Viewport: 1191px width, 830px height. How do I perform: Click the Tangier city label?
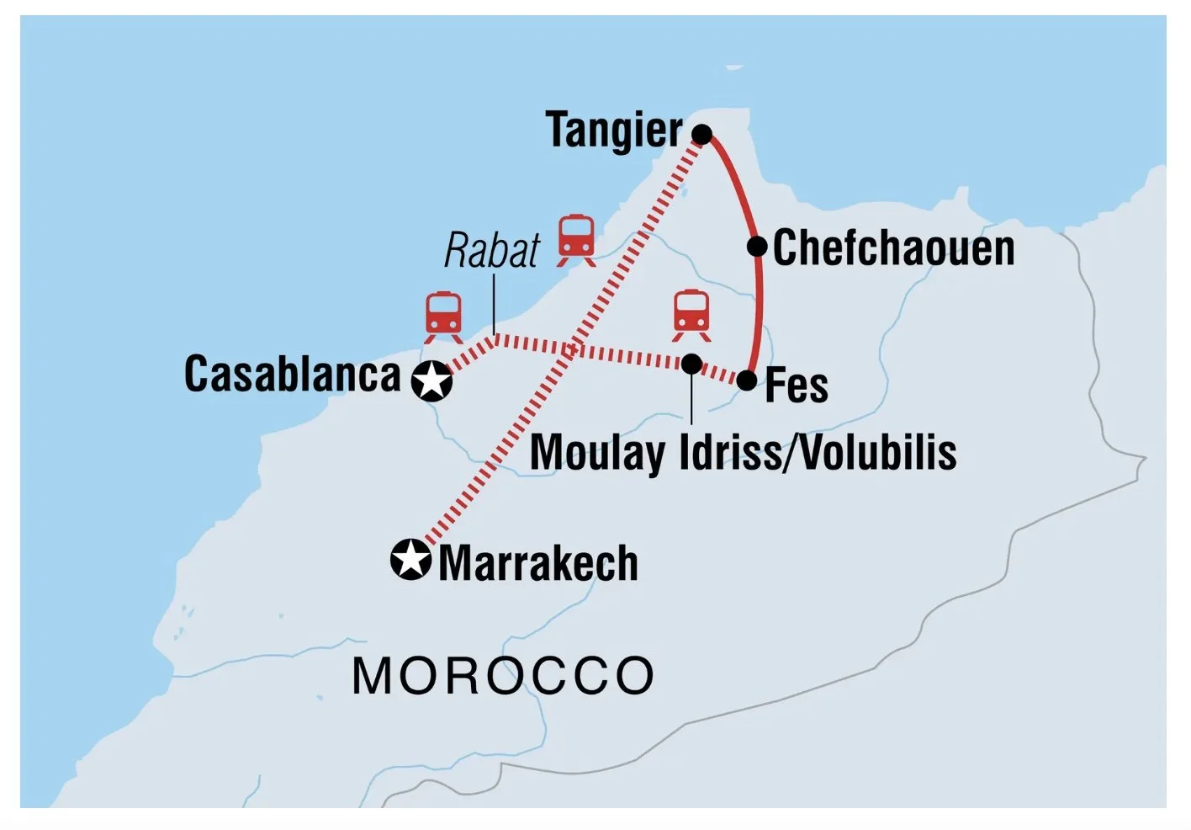614,130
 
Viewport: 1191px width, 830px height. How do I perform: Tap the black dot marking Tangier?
702,135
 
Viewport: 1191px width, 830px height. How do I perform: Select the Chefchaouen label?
893,248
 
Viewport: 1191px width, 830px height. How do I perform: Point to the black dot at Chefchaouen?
757,247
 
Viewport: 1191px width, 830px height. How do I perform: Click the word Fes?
797,386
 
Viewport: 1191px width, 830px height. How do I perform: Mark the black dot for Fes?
747,381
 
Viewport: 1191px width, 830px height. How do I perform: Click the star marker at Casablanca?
432,381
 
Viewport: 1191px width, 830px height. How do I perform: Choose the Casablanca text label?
293,375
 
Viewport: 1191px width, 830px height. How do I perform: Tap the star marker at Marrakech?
411,560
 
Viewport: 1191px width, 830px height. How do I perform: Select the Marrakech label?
538,563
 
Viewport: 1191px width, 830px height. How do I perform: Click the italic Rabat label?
492,251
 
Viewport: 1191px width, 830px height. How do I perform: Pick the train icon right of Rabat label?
577,239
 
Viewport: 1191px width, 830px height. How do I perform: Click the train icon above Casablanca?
443,317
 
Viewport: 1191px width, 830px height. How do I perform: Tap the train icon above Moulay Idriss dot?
691,315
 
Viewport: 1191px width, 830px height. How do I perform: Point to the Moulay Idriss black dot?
691,364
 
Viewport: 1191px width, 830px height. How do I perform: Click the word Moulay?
596,453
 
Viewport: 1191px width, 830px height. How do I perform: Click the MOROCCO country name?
503,676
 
